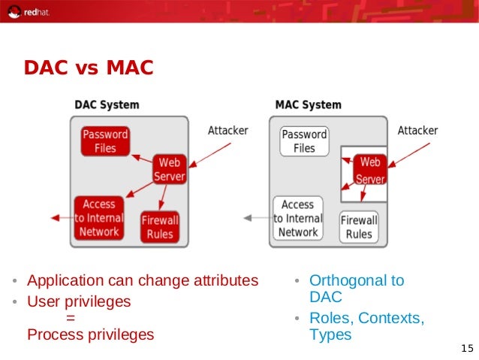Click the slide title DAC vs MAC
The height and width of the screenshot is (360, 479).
pyautogui.click(x=88, y=68)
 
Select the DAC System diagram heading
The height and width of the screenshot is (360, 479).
pyautogui.click(x=106, y=104)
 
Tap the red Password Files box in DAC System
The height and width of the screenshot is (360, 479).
pyautogui.click(x=105, y=141)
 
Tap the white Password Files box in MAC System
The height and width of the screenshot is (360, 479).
pyautogui.click(x=304, y=141)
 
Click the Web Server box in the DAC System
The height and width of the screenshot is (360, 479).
pyautogui.click(x=169, y=169)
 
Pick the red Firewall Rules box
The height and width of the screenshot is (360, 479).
pyautogui.click(x=160, y=227)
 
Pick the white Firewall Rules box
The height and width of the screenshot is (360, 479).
pyautogui.click(x=359, y=227)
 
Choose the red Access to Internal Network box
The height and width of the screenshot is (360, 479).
pyautogui.click(x=99, y=218)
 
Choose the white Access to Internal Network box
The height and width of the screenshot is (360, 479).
pyautogui.click(x=298, y=218)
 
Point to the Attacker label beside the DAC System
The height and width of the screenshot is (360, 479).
pyautogui.click(x=227, y=131)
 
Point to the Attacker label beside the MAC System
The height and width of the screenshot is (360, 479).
pyautogui.click(x=417, y=131)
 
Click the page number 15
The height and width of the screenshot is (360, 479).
pyautogui.click(x=466, y=348)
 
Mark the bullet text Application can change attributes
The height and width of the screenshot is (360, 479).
pyautogui.click(x=142, y=281)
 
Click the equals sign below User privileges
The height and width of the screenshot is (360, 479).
pyautogui.click(x=71, y=318)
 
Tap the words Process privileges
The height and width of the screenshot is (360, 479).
pyautogui.click(x=90, y=334)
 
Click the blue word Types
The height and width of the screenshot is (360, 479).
pyautogui.click(x=330, y=335)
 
